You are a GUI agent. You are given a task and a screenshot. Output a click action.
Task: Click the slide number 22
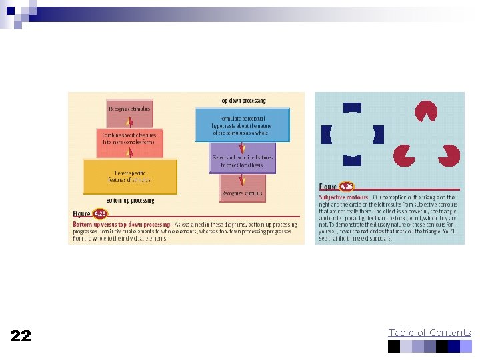(x=21, y=335)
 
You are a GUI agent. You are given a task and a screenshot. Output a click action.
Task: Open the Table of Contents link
(x=429, y=333)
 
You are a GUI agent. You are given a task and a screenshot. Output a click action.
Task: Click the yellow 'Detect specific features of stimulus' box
(x=130, y=176)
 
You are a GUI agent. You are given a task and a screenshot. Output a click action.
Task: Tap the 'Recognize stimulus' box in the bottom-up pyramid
(x=130, y=109)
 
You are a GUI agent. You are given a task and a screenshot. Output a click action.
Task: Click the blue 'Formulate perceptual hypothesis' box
(x=243, y=124)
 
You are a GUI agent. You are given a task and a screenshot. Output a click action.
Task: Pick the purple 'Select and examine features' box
(x=242, y=161)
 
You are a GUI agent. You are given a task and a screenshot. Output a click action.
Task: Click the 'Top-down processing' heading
(x=243, y=101)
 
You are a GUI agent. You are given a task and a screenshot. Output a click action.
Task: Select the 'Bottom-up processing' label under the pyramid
(x=130, y=201)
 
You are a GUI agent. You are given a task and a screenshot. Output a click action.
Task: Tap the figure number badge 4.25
(x=99, y=214)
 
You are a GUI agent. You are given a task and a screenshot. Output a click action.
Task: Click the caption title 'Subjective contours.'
(x=344, y=197)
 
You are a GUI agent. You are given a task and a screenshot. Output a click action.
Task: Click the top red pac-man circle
(x=426, y=110)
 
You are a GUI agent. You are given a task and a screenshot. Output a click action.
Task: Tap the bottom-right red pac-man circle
(x=447, y=155)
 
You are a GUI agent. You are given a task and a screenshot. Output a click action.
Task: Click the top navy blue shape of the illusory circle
(x=352, y=107)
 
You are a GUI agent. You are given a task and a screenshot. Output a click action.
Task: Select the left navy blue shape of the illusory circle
(x=326, y=135)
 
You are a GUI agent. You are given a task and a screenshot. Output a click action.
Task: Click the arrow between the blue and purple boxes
(x=243, y=148)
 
